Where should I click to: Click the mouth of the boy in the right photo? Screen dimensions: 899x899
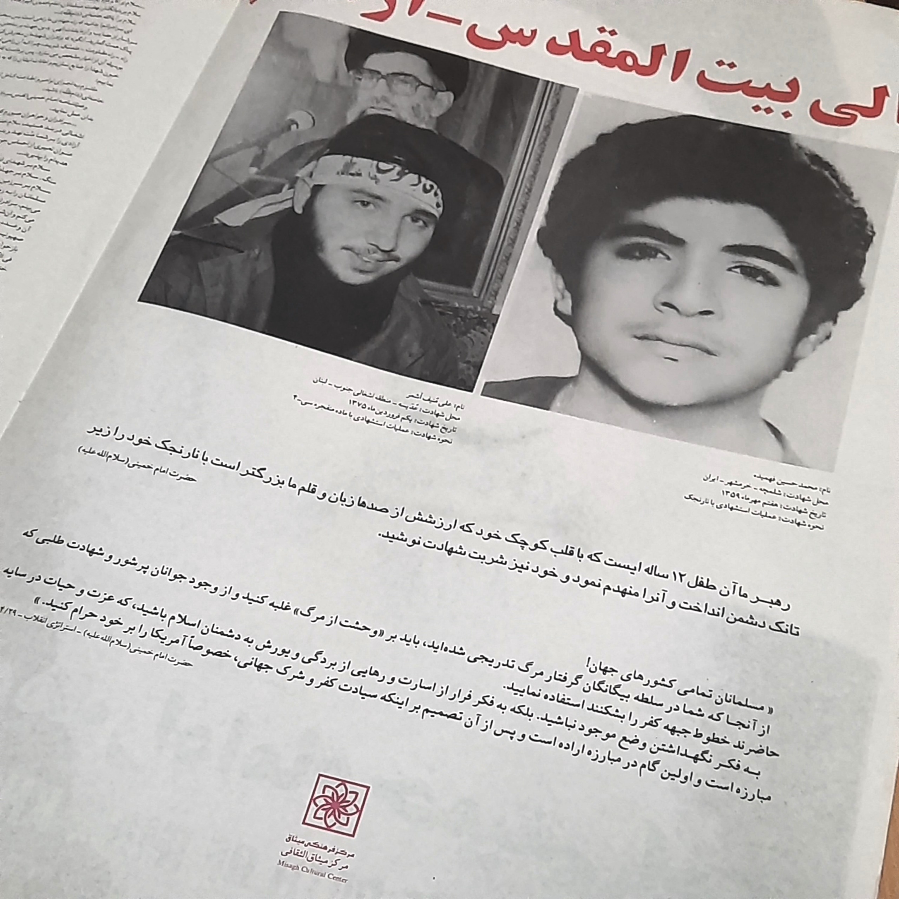[670, 337]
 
